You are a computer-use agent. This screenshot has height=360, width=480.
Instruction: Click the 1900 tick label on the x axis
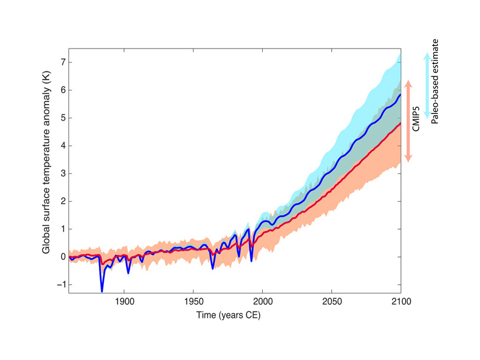pos(124,302)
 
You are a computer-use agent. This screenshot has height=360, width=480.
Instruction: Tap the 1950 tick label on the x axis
pos(193,302)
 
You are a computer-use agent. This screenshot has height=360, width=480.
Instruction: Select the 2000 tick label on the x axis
pos(263,302)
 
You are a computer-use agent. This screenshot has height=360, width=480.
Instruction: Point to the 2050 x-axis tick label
pos(332,302)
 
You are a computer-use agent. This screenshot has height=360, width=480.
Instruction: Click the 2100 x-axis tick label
pos(400,302)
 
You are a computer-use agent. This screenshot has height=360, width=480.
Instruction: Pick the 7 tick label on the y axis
pos(62,62)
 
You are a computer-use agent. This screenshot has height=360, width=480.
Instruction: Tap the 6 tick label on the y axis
pos(62,90)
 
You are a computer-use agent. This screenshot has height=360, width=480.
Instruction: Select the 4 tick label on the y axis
pos(62,146)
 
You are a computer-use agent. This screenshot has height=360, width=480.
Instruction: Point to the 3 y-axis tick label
pos(62,173)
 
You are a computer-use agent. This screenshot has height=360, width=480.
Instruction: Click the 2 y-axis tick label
pos(62,201)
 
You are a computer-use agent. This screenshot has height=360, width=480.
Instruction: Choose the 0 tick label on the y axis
pos(62,257)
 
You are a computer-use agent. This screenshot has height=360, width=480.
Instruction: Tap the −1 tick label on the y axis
pos(60,284)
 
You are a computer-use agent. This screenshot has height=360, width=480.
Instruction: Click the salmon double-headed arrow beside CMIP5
pos(408,120)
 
